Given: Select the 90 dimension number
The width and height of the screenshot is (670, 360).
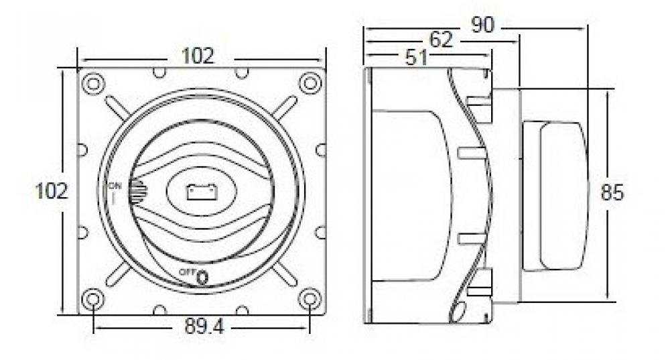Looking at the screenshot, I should pyautogui.click(x=482, y=25).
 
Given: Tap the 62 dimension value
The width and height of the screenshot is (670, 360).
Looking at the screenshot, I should pyautogui.click(x=440, y=40).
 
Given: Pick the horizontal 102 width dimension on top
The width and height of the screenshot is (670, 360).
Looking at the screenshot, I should pyautogui.click(x=198, y=56).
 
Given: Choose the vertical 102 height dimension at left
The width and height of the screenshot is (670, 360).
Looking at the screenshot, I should pyautogui.click(x=52, y=192).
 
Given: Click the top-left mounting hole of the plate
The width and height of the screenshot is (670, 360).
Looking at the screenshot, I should pyautogui.click(x=93, y=84).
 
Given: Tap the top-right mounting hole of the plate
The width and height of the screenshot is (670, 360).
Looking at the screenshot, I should pyautogui.click(x=309, y=84).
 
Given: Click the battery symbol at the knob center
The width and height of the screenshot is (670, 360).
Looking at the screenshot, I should pyautogui.click(x=201, y=192).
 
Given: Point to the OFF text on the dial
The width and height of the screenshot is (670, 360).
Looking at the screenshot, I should pyautogui.click(x=187, y=272).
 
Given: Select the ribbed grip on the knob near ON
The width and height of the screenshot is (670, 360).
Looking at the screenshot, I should pyautogui.click(x=137, y=192).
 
